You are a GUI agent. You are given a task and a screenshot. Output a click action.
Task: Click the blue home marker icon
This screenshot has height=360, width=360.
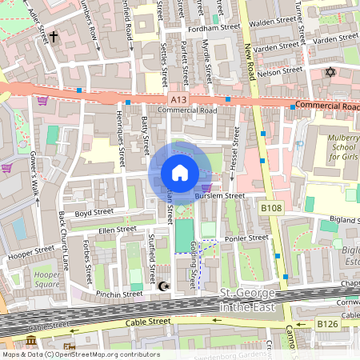coord(180,173)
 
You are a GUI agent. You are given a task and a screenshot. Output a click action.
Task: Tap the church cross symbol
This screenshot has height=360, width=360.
coord(54,37)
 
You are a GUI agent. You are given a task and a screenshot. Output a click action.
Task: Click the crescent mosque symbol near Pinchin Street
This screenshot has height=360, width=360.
coord(166,286)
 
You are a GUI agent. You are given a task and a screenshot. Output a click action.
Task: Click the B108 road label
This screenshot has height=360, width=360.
coord(272,208)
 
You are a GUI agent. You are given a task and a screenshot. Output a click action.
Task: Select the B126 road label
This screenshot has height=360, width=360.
coord(326,323)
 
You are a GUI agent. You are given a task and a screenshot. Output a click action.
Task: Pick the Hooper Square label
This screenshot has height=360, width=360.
coord(47,279)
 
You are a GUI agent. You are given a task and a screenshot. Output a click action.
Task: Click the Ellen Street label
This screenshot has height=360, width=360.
coord(117,230)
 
